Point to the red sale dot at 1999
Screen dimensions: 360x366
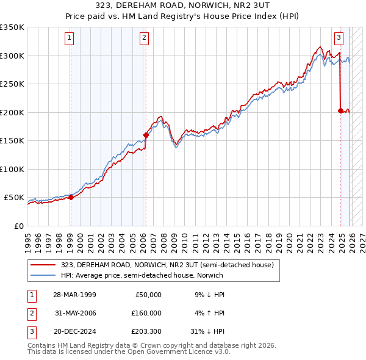pyautogui.click(x=71, y=197)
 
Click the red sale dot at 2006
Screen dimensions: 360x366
pyautogui.click(x=146, y=135)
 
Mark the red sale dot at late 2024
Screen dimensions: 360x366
pyautogui.click(x=340, y=110)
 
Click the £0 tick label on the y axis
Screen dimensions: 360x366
pyautogui.click(x=18, y=226)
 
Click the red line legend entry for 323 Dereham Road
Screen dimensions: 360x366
pyautogui.click(x=171, y=265)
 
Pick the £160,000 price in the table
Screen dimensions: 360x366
pyautogui.click(x=146, y=313)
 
